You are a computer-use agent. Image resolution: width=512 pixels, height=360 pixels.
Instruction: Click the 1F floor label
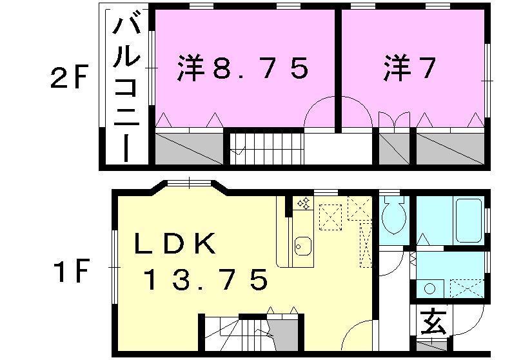coord(69,272)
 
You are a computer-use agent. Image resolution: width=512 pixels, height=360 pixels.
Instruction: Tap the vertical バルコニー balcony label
coord(127,90)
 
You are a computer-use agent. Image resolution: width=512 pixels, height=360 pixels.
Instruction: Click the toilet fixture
coord(392,218)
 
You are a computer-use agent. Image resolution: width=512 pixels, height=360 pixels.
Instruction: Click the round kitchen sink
coord(302,246)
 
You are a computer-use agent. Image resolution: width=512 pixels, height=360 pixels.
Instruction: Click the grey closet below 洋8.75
coord(188,148)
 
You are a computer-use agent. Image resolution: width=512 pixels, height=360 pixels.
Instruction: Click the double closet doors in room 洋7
coord(394,122)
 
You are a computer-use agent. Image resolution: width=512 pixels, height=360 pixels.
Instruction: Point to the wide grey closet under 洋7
coord(449,148)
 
